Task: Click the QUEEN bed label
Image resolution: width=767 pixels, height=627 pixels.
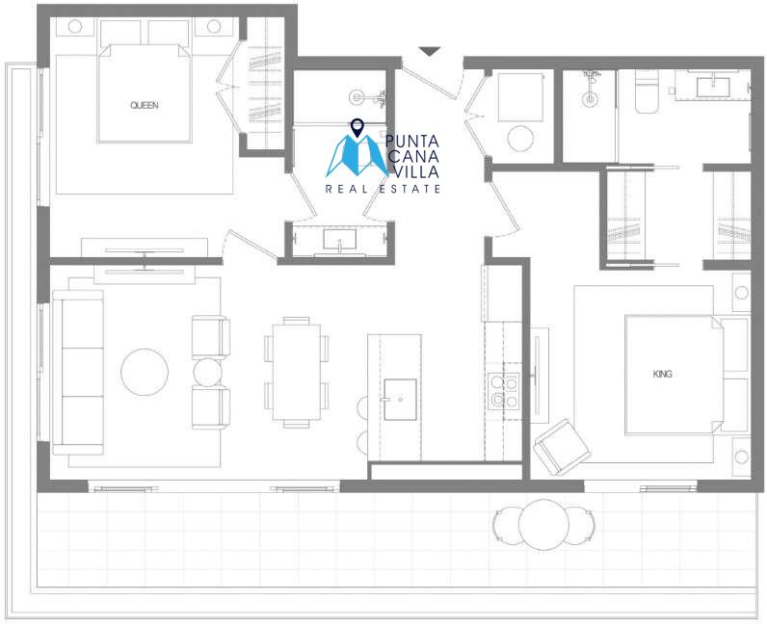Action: pyautogui.click(x=145, y=105)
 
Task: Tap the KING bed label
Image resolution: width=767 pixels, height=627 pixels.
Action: pyautogui.click(x=662, y=374)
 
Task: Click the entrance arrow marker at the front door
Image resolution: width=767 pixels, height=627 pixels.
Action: pyautogui.click(x=430, y=51)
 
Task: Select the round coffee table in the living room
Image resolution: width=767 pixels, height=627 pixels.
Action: pyautogui.click(x=145, y=372)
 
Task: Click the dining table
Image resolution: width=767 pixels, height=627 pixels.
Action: pyautogui.click(x=297, y=372)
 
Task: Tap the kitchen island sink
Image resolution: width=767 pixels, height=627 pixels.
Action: pyautogui.click(x=400, y=400)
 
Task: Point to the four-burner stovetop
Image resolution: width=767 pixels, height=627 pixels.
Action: pyautogui.click(x=504, y=390)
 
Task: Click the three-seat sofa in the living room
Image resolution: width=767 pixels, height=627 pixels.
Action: pyautogui.click(x=78, y=372)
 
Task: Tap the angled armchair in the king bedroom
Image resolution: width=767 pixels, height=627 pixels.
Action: pyautogui.click(x=562, y=447)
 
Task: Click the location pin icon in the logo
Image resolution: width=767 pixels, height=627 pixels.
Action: pyautogui.click(x=357, y=128)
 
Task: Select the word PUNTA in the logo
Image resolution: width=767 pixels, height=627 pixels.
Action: pyautogui.click(x=411, y=142)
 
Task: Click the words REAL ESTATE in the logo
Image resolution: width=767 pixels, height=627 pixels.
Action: pyautogui.click(x=383, y=189)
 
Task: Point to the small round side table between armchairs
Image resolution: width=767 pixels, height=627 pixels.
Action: pyautogui.click(x=207, y=372)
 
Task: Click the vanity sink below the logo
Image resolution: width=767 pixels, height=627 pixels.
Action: pyautogui.click(x=340, y=240)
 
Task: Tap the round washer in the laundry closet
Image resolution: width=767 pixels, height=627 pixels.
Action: pyautogui.click(x=520, y=139)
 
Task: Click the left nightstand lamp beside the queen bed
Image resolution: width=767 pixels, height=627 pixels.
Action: pyautogui.click(x=74, y=26)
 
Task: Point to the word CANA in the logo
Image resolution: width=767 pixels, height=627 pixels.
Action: pyautogui.click(x=414, y=156)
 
